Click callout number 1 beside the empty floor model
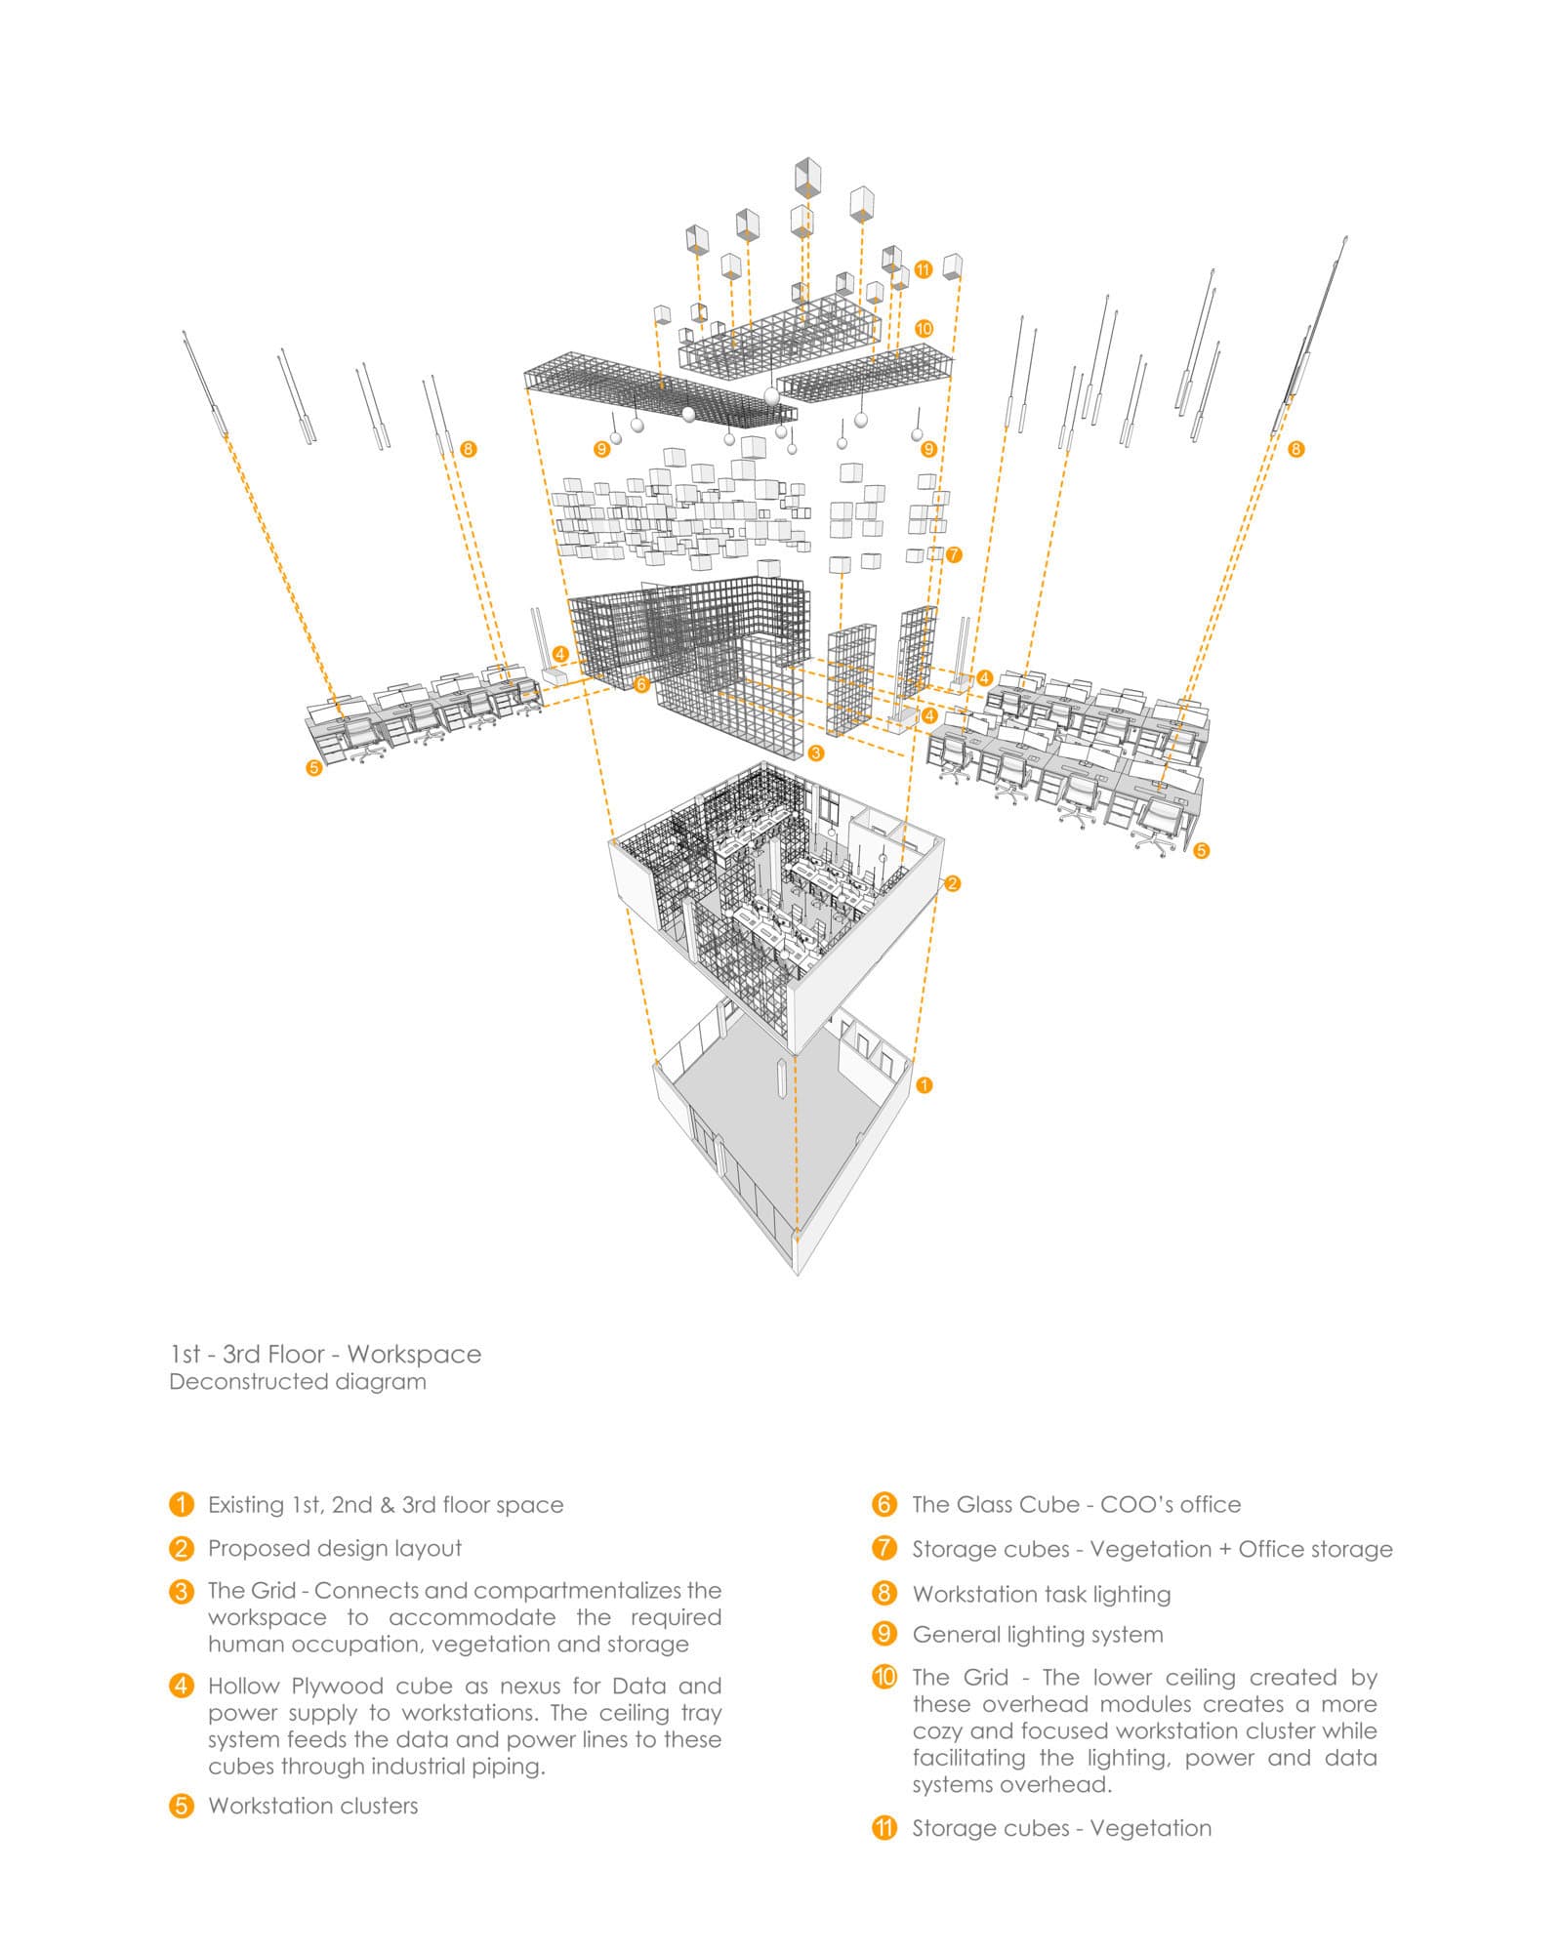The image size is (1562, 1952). coord(925,1084)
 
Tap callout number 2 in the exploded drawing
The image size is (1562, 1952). coord(953,883)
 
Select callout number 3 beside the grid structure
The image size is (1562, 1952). coord(816,752)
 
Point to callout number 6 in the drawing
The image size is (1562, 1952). coord(641,684)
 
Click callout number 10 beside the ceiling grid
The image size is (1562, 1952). coord(924,329)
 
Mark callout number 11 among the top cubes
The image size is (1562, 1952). coord(924,269)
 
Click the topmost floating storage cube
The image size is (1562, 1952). coord(807,176)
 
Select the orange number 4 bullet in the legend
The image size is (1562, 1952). coord(182,1686)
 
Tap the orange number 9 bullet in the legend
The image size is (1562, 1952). coord(884,1634)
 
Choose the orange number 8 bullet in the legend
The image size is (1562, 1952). coord(884,1594)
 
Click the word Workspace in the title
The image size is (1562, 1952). coord(414,1354)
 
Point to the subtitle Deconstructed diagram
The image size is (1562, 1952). coord(298,1382)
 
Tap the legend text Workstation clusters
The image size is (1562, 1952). coord(312,1806)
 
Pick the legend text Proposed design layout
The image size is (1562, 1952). coord(335,1548)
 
